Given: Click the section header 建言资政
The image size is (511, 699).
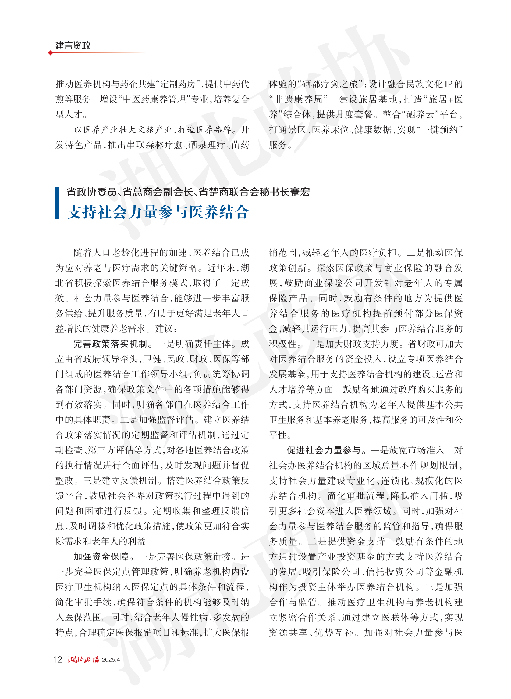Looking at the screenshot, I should [x=73, y=45].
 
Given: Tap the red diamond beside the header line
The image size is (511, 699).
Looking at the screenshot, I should [x=50, y=53].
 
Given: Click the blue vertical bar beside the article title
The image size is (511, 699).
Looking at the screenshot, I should [x=57, y=203].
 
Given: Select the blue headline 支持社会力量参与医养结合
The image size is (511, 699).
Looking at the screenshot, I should [x=158, y=212].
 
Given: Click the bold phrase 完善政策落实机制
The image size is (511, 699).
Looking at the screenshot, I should [x=110, y=344].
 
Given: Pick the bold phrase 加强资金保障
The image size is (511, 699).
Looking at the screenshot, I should [x=101, y=557].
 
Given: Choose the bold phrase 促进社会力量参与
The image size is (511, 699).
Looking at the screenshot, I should [x=324, y=450].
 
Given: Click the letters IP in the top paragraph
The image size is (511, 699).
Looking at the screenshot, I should [x=448, y=84].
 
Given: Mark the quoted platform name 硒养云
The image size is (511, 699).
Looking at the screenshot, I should [x=420, y=115].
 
